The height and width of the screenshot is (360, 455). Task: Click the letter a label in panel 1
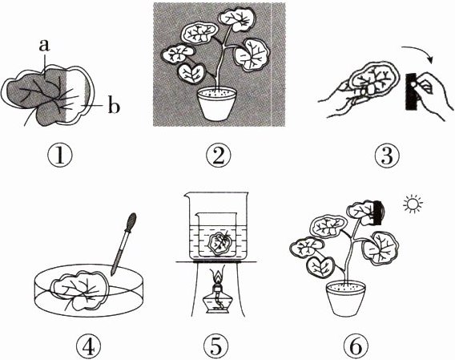44,46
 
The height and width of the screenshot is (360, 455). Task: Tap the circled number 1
60,156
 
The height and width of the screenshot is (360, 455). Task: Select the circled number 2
218,156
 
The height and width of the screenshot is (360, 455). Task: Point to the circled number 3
387,156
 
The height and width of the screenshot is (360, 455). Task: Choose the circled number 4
88,347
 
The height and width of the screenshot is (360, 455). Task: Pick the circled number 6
356,347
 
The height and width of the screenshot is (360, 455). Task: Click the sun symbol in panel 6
413,204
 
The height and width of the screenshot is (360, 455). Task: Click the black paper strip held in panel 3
413,92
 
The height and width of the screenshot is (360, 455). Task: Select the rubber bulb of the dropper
131,221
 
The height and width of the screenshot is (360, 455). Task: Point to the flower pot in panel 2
217,104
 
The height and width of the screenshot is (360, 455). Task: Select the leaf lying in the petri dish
80,289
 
